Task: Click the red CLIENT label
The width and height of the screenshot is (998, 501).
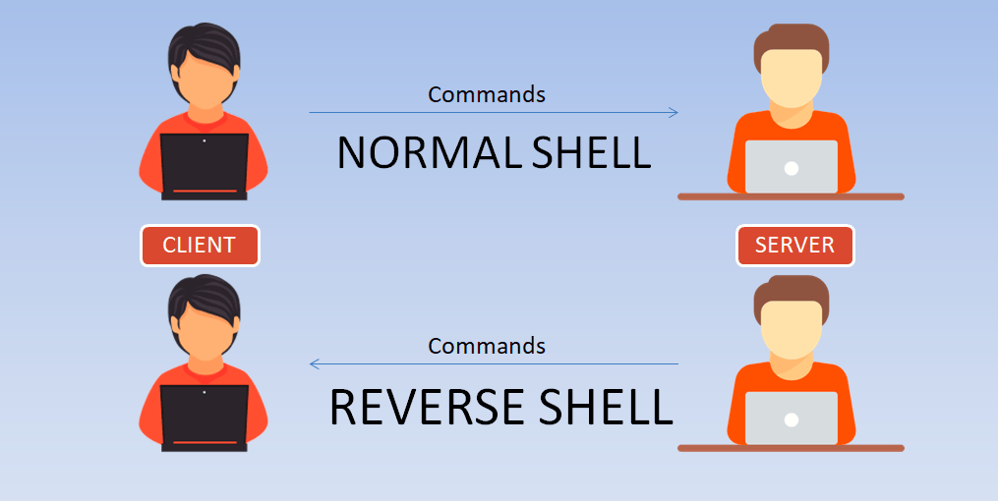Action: pos(200,246)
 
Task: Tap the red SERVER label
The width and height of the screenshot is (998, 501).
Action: pos(794,246)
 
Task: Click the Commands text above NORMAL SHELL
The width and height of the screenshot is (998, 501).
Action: pos(487,95)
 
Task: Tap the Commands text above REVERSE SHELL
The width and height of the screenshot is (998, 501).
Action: pos(487,347)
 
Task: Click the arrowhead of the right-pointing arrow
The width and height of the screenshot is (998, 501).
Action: pos(675,113)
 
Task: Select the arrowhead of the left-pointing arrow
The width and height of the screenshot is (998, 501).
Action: pos(314,363)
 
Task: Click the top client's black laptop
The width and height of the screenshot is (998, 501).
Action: pos(205,166)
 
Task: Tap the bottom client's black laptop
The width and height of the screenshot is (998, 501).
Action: pos(205,417)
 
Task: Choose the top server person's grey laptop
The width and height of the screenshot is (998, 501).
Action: pos(791,166)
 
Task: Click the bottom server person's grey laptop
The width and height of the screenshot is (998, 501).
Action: pos(791,417)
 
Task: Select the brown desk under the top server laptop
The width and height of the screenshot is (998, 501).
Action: pos(791,196)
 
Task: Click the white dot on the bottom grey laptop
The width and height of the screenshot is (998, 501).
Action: pos(791,420)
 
